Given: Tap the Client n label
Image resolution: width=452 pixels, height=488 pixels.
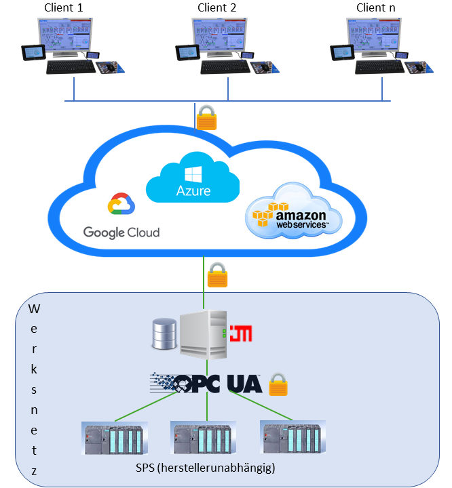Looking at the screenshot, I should [375, 8].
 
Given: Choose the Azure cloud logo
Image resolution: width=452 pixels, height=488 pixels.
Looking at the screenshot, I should [193, 178].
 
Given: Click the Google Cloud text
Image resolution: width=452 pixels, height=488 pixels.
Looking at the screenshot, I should [121, 232].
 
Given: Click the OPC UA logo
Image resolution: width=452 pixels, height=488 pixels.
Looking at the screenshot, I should [206, 384].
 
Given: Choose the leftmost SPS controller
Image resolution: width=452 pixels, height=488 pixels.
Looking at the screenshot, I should [113, 439].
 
